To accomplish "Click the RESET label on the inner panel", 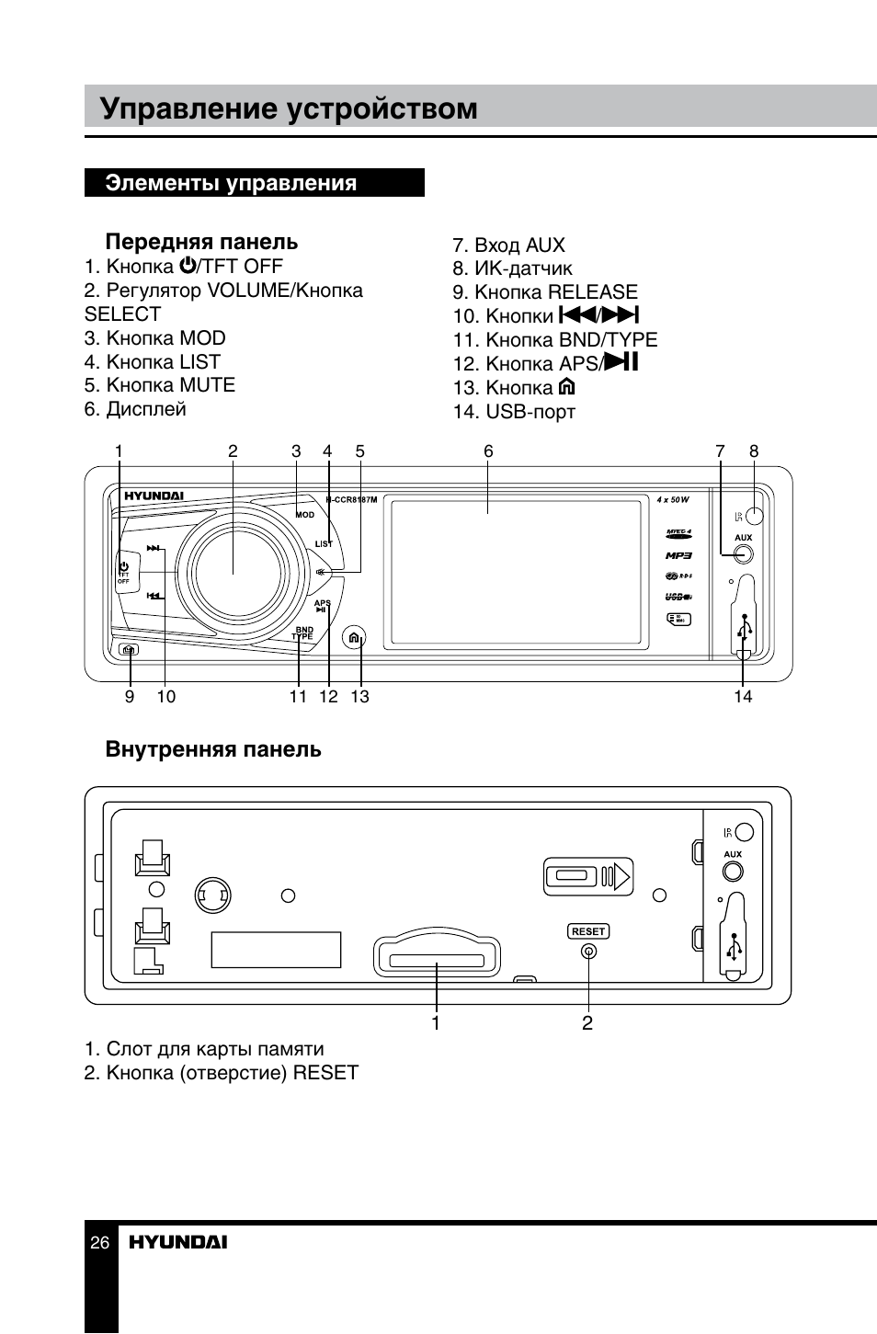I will click(588, 931).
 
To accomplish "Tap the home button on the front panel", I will click(354, 638).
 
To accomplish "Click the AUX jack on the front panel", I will click(743, 553).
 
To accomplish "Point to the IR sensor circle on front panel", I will click(755, 515).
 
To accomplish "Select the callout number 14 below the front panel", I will click(743, 697).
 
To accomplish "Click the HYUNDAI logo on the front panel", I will click(154, 496).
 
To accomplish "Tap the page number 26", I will click(100, 1243).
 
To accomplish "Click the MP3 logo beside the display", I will click(678, 555).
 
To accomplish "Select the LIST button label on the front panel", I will click(324, 543).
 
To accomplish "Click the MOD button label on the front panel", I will click(305, 515).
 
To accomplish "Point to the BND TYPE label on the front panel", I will click(302, 633).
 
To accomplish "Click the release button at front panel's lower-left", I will click(130, 650).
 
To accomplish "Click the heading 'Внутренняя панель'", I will click(213, 749).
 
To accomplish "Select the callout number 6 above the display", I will click(488, 451).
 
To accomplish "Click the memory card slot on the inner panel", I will click(437, 958).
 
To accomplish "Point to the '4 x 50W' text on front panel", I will click(673, 500).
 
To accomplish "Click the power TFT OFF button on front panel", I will click(123, 571).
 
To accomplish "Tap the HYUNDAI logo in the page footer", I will click(177, 1243).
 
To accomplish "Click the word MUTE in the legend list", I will click(207, 385).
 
